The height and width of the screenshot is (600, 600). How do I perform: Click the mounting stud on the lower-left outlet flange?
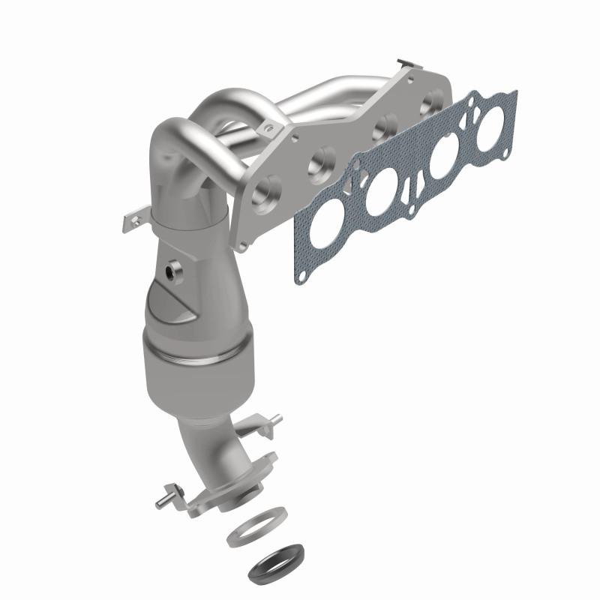(162, 496)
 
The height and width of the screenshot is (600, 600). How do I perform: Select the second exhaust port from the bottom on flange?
(322, 159)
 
